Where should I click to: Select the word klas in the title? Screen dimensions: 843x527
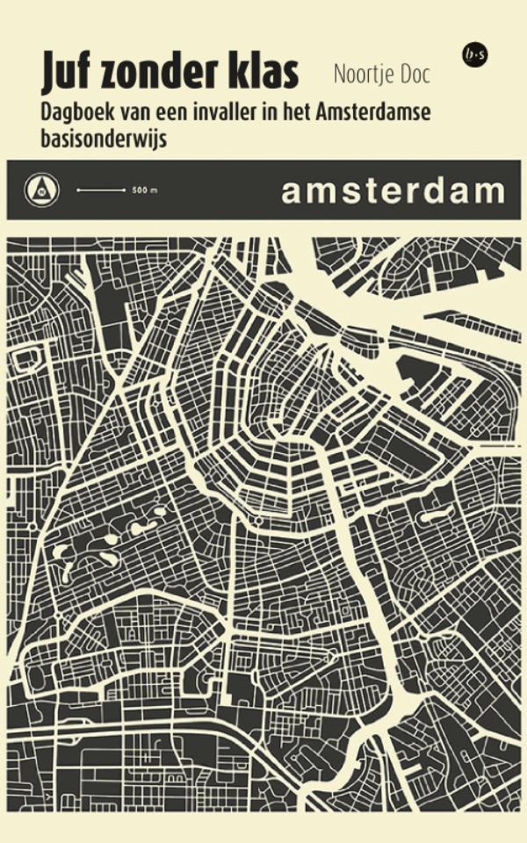[x=263, y=74]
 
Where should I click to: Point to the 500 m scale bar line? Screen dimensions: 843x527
[x=102, y=190]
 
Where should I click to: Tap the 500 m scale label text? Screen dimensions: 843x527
[x=141, y=190]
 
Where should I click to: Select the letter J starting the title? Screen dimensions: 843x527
[x=49, y=75]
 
